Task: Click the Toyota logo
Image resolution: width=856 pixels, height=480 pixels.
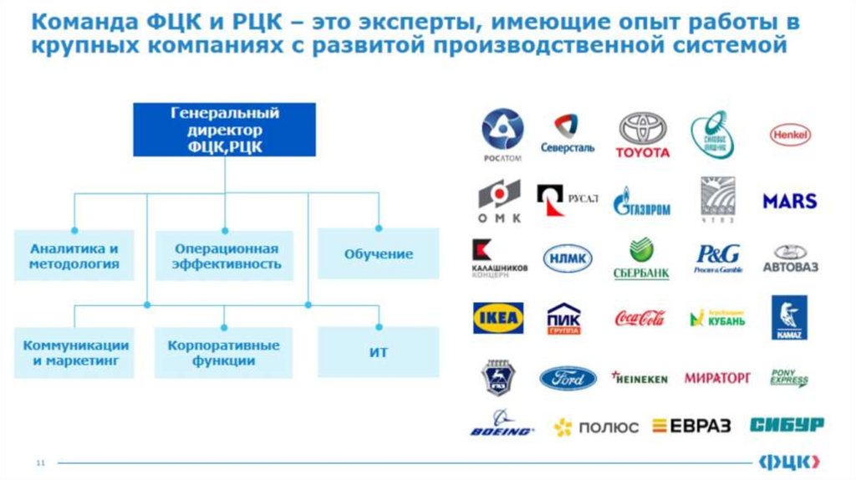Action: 643,135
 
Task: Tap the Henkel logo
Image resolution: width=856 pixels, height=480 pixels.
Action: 789,134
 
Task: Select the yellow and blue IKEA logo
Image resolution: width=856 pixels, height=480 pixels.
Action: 498,319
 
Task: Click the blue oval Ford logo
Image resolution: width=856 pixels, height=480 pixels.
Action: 568,379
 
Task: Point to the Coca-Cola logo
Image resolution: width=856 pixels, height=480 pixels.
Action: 639,318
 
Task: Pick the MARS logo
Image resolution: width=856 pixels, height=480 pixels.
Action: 789,202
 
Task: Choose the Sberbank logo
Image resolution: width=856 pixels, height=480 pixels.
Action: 641,258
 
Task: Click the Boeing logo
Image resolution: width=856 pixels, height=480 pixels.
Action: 501,424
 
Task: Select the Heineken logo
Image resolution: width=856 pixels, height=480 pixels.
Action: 639,378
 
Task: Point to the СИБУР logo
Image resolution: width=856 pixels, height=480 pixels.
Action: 786,424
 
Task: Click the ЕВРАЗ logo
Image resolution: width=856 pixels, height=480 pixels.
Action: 690,426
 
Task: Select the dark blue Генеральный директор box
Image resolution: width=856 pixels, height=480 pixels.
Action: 225,130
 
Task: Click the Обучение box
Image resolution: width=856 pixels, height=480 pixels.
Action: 378,254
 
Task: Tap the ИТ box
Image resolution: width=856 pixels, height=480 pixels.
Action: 378,352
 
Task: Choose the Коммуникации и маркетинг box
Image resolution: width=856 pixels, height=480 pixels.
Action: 75,353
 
